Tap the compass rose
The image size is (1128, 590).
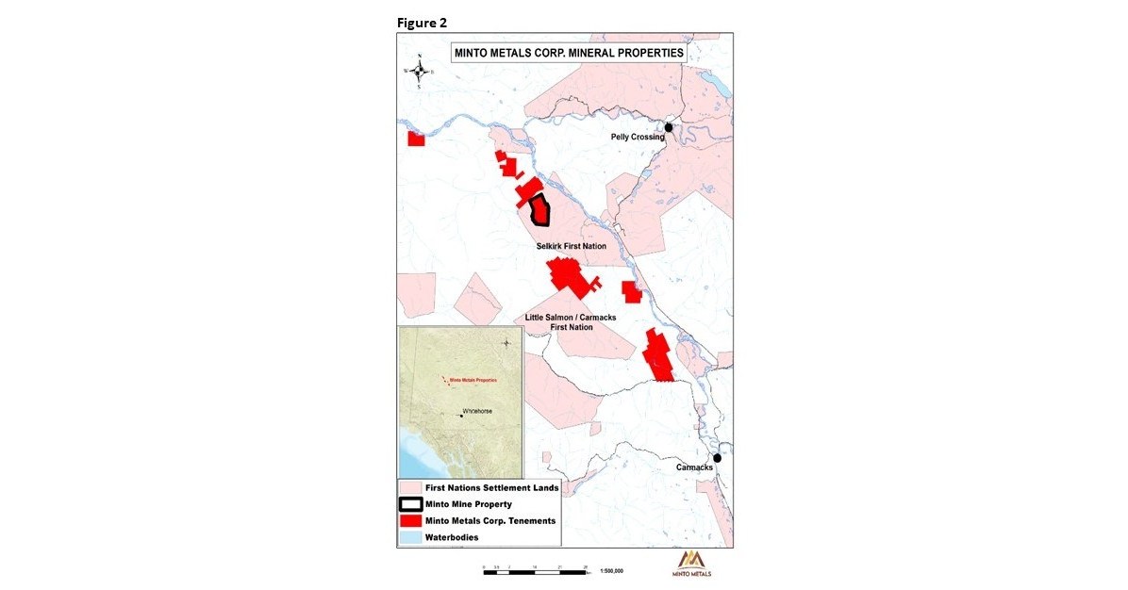coord(419,71)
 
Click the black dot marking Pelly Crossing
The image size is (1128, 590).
coord(669,127)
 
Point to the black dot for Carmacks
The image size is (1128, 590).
coord(717,458)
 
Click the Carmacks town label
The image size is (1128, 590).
coord(695,467)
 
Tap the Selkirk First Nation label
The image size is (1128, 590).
coord(565,246)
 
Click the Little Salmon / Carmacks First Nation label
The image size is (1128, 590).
coord(571,322)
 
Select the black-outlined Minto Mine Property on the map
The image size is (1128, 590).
coord(540,210)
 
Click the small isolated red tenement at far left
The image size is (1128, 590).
coord(416,139)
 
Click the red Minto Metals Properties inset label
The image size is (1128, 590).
coord(473,380)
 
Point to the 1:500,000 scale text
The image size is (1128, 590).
coord(612,571)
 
